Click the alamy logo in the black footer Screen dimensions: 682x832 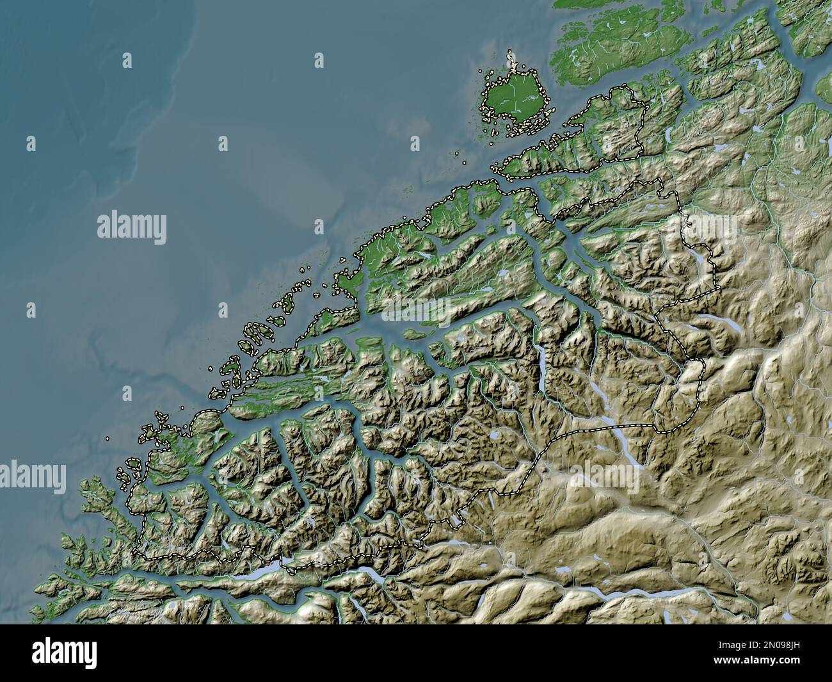64,653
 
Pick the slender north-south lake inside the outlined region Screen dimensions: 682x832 543,371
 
